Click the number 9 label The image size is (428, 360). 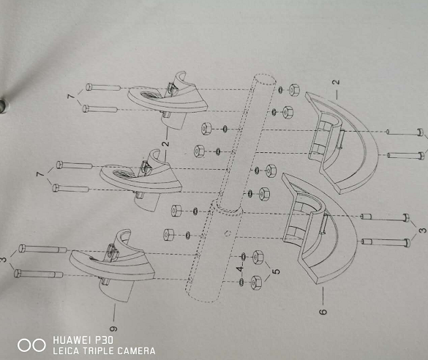pos(114,329)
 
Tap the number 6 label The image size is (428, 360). pos(323,312)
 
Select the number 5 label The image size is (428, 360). pos(277,271)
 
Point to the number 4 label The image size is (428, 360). pos(240,269)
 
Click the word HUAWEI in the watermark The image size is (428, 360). pos(71,340)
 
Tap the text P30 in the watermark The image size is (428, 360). pos(104,340)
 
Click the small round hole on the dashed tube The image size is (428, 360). pos(228,233)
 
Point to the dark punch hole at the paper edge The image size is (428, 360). pos(2,105)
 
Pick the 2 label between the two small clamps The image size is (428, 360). pos(165,143)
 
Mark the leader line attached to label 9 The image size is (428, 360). pos(114,312)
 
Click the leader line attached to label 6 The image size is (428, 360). pos(323,296)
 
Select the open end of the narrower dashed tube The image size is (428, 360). pos(265,80)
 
